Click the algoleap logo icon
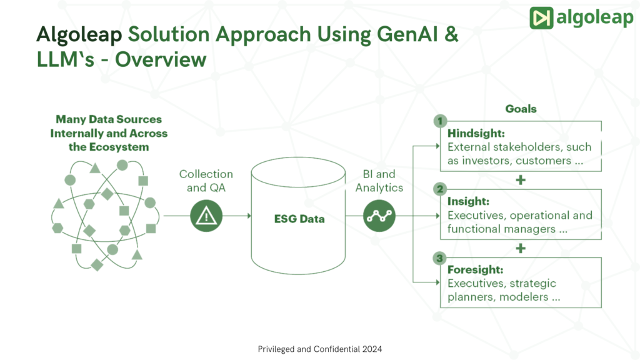540,18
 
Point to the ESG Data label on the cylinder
299,219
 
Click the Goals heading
521,109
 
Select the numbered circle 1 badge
440,121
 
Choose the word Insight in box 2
468,201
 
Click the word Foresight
475,269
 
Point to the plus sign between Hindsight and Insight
521,180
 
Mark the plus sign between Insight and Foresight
521,248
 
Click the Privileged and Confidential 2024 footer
320,349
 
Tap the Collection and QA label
206,180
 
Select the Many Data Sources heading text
109,132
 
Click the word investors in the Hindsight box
481,161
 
